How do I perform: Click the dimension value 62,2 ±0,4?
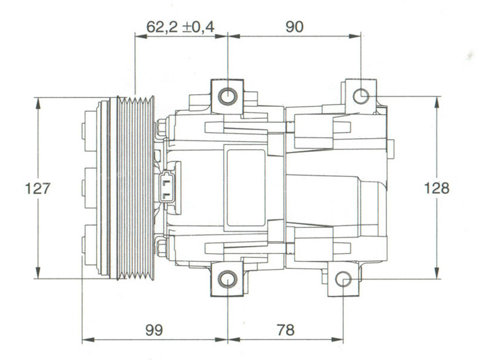181,26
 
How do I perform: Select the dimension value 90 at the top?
294,26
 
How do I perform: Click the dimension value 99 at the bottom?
154,329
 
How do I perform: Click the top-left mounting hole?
227,97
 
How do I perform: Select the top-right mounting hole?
361,96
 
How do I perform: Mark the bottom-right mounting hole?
343,280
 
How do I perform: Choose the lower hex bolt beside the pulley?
161,247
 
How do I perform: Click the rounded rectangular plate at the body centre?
245,188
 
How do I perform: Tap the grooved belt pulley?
134,188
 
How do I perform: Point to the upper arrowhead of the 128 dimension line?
436,101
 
